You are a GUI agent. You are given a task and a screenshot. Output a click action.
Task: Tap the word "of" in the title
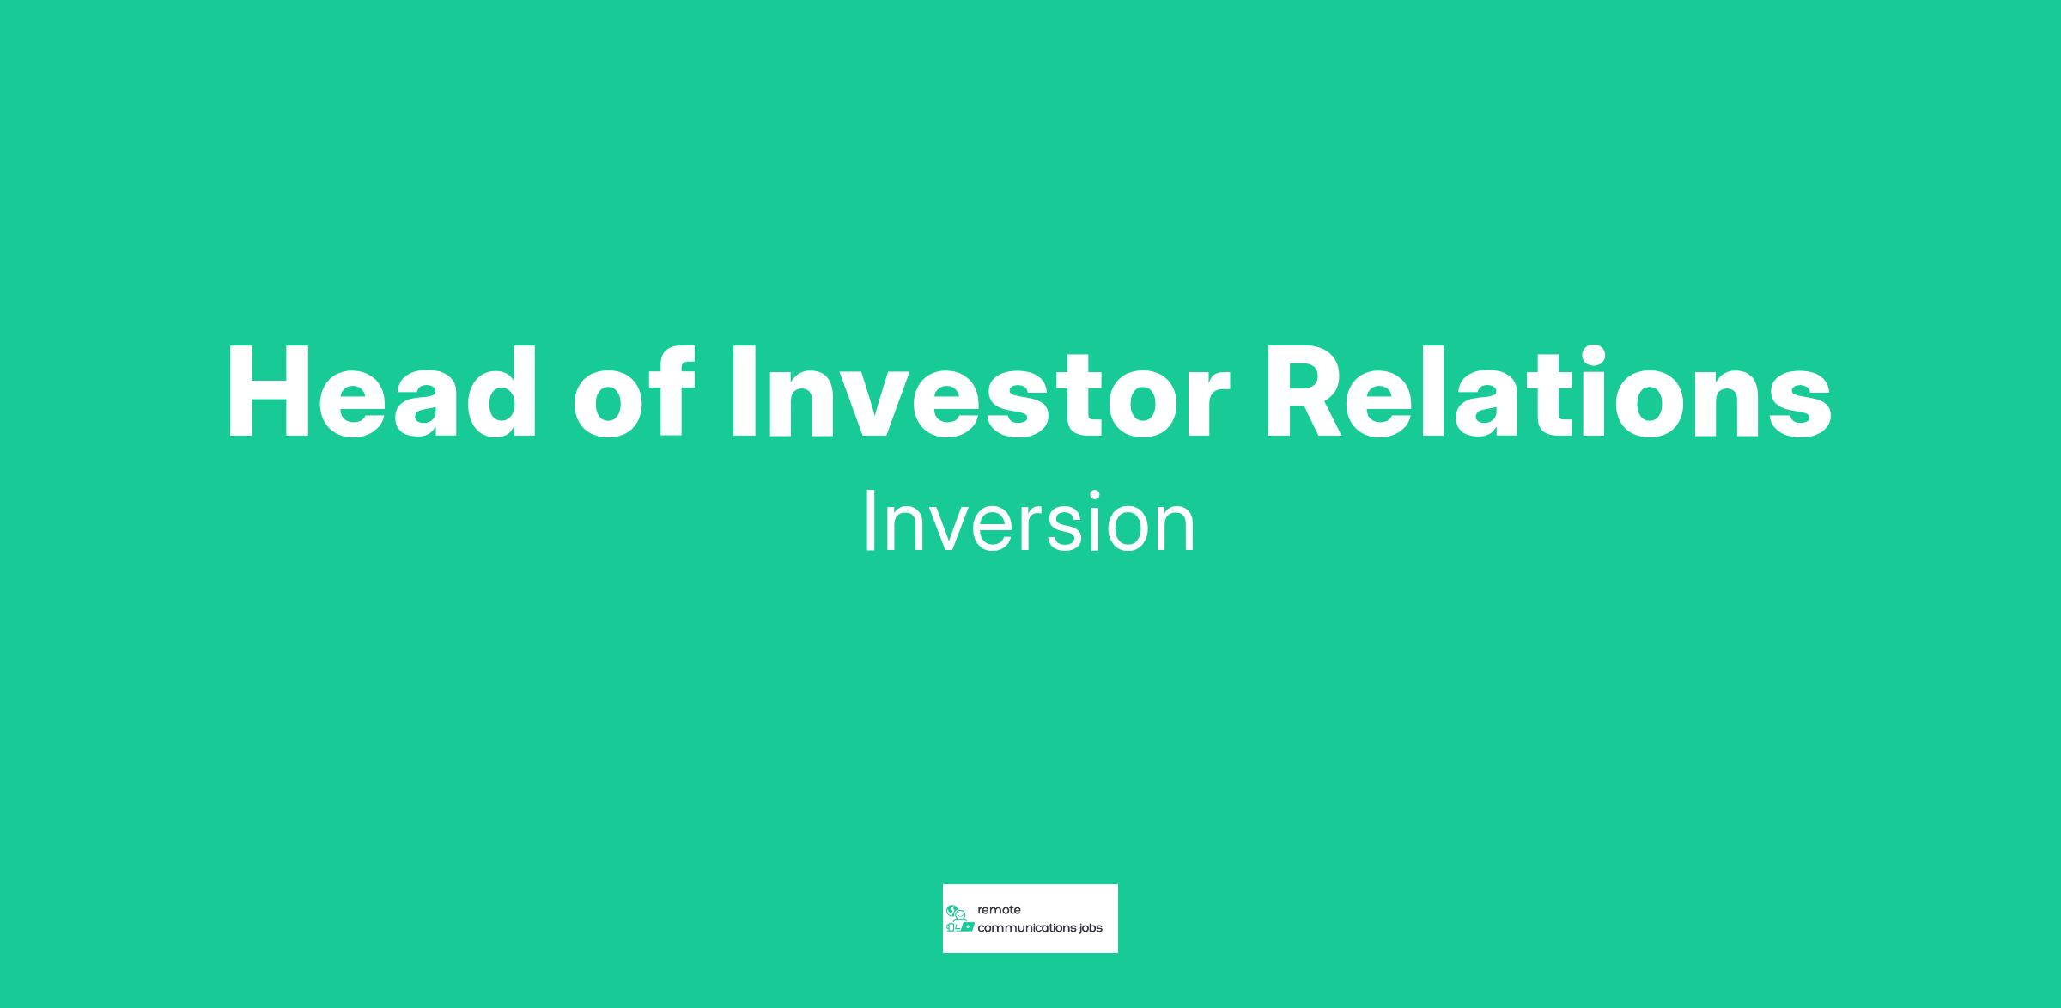(635, 393)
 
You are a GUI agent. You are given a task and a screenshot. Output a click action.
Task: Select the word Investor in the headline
(980, 393)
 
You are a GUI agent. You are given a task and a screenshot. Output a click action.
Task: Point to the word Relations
(1548, 393)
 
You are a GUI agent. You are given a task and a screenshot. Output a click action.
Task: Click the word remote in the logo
(999, 910)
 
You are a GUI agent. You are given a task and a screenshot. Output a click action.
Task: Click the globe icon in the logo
(951, 910)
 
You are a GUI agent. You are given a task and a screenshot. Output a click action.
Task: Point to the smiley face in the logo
(961, 914)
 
